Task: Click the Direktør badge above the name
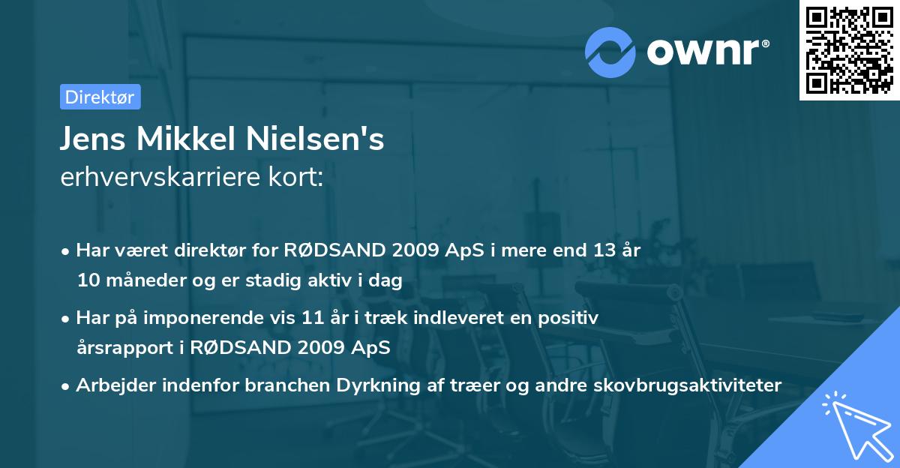coord(100,97)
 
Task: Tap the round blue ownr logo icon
coord(610,51)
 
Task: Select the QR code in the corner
coord(849,50)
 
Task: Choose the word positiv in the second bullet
coord(572,318)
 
